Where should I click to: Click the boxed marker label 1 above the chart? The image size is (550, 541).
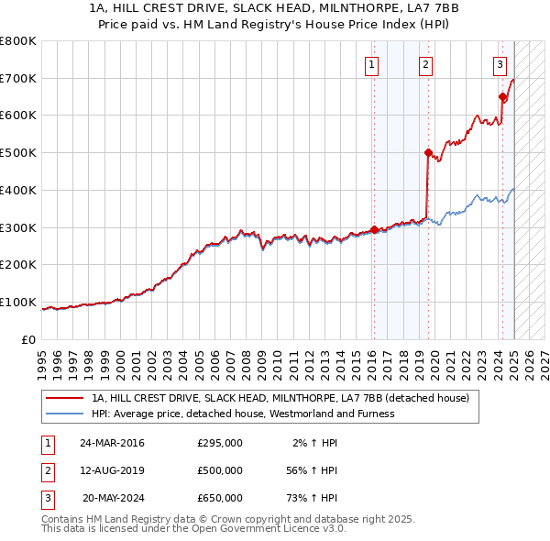[372, 64]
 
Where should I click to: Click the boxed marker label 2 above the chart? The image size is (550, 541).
[426, 64]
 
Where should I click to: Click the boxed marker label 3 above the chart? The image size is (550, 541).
[500, 64]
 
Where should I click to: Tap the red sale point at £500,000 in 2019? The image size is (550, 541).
[428, 152]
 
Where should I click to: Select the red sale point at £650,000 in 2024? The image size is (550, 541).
[502, 96]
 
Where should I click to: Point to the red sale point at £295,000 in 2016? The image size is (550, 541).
[374, 229]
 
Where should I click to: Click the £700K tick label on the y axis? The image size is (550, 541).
[18, 78]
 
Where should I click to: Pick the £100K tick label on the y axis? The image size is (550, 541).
[18, 302]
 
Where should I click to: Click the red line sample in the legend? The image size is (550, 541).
[63, 398]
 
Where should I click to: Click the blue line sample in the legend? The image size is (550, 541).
[63, 414]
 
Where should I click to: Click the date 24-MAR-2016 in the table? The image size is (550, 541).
[112, 442]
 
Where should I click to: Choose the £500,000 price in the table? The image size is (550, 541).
[220, 470]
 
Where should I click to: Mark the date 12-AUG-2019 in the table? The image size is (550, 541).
[112, 470]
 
